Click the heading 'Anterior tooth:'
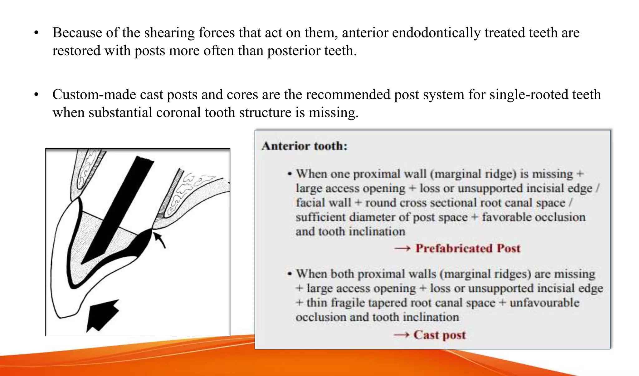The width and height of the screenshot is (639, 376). click(305, 146)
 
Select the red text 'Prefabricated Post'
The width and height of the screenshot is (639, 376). click(468, 249)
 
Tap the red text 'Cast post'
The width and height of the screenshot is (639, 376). click(439, 335)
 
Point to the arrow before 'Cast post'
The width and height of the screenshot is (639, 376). click(401, 335)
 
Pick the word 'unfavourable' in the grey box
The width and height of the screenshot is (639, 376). click(544, 303)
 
